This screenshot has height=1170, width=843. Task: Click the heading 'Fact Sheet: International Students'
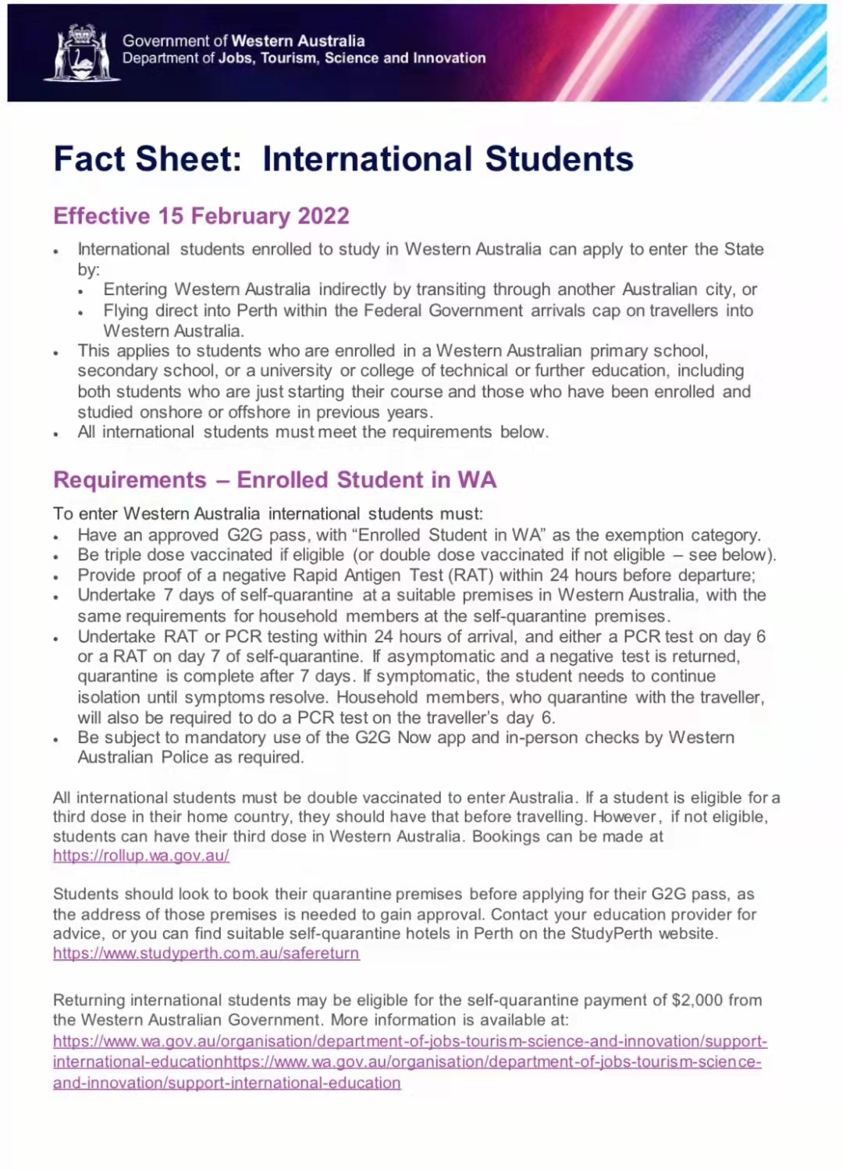pyautogui.click(x=343, y=159)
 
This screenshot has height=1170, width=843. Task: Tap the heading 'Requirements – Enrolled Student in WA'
pyautogui.click(x=275, y=480)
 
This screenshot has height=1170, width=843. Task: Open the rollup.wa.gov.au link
pyautogui.click(x=140, y=855)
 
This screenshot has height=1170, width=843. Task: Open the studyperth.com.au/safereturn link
pyautogui.click(x=206, y=953)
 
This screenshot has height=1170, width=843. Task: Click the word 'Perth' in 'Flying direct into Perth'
pyautogui.click(x=256, y=311)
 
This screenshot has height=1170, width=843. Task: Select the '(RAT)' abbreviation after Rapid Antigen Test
pyautogui.click(x=469, y=575)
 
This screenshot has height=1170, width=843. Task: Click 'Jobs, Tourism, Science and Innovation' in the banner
pyautogui.click(x=352, y=59)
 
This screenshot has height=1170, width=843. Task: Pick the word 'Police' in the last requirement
pyautogui.click(x=185, y=757)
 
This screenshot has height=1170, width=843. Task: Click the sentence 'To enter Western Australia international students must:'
pyautogui.click(x=268, y=514)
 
